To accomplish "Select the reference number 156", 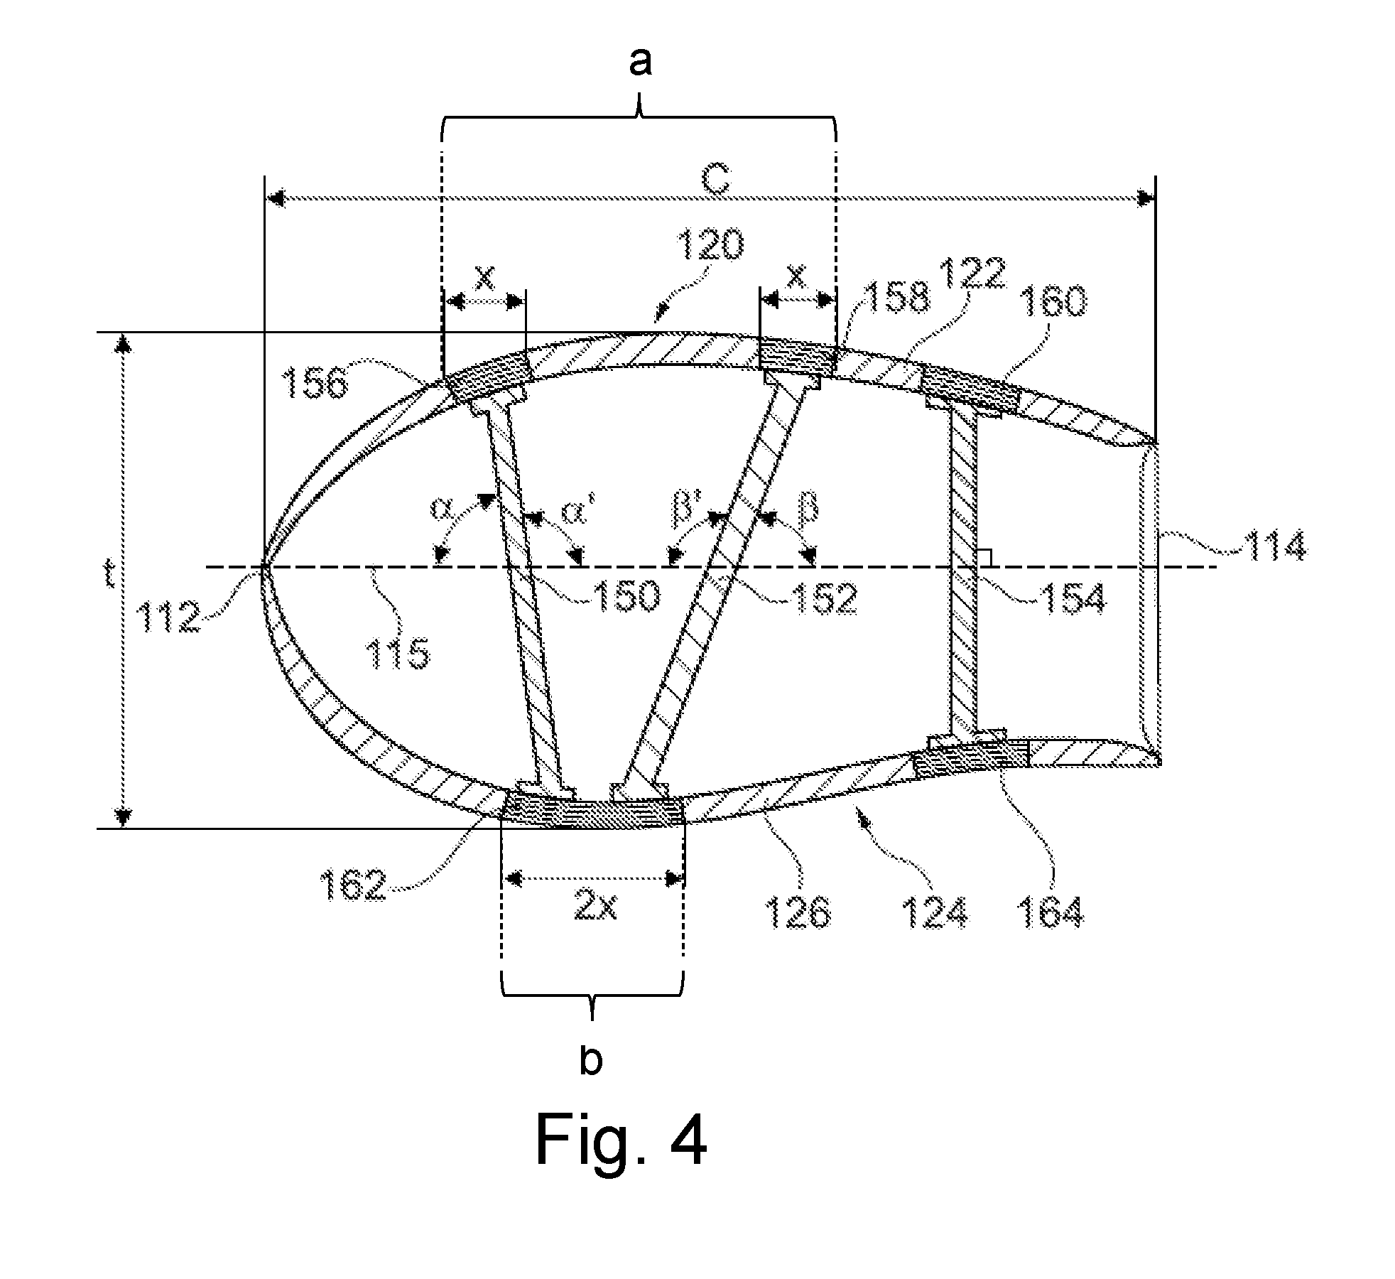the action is (316, 384).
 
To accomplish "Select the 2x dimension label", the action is (595, 907).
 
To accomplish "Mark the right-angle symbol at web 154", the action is (984, 558).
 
